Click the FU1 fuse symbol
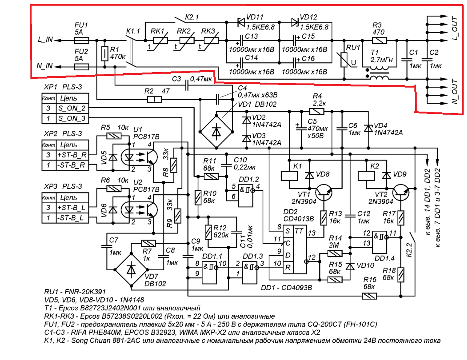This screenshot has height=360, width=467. (81, 40)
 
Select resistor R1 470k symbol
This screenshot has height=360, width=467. (105, 54)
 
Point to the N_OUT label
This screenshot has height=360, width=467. (455, 91)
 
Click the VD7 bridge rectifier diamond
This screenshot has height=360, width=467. (131, 269)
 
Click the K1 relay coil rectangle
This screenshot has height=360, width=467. (289, 175)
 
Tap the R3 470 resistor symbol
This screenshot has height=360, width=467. (379, 40)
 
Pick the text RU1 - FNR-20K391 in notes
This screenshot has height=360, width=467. (75, 292)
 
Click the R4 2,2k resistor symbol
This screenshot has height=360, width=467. (317, 111)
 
